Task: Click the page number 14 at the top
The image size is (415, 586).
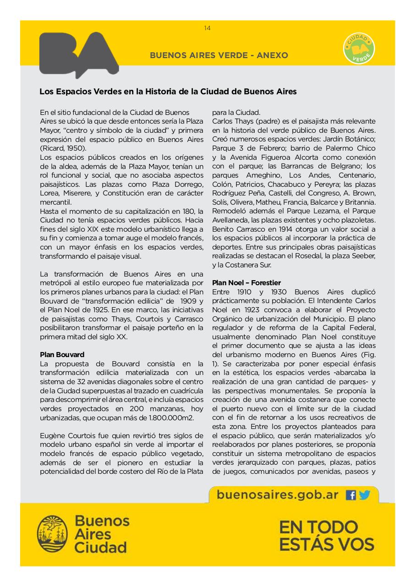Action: click(207, 28)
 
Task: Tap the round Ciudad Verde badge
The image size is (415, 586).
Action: click(359, 49)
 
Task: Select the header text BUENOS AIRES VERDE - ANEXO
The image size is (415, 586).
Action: click(219, 55)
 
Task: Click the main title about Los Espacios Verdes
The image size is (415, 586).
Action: click(168, 92)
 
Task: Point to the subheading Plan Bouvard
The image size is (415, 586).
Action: click(62, 354)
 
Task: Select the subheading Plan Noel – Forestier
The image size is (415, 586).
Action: click(246, 282)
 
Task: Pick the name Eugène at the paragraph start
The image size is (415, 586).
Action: click(52, 435)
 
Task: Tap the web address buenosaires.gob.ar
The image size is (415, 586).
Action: click(278, 494)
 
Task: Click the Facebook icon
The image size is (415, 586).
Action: click(351, 495)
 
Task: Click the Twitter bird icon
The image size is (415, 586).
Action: click(364, 495)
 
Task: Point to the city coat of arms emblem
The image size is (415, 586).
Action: click(52, 534)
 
